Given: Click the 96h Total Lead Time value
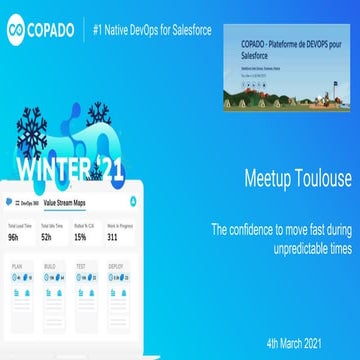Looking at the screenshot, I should (15, 238).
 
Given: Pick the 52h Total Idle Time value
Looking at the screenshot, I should (46, 238).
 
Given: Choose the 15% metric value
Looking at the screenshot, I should (80, 238).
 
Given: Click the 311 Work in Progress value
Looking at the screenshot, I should (112, 238).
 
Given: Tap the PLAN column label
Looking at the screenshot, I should (17, 266).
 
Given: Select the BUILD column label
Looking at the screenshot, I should (47, 266).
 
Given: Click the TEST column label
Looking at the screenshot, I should (80, 266).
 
